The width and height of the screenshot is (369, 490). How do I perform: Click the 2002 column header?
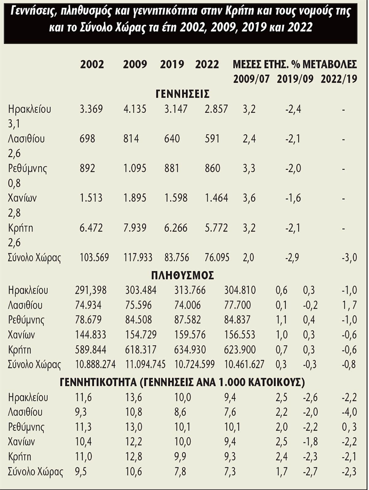(92, 64)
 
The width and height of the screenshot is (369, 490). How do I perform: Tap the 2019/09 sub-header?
(295, 79)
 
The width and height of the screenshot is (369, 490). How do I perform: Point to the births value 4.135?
(135, 109)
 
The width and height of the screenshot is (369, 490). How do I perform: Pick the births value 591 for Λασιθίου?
(212, 139)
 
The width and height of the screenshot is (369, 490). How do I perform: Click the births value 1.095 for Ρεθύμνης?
(135, 168)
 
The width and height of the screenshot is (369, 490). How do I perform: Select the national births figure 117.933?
(138, 257)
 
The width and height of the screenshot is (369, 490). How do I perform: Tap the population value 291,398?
(91, 290)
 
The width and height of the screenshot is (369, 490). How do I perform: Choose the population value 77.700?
(237, 305)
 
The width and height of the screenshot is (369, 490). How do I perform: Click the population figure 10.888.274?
(95, 364)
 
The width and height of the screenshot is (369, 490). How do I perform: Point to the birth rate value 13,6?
(133, 397)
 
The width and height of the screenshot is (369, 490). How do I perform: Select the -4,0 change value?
(349, 412)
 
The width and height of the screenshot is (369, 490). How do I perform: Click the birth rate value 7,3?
(230, 472)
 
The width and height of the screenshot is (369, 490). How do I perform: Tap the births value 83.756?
(177, 257)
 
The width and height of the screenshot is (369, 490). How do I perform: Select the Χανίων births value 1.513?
(91, 198)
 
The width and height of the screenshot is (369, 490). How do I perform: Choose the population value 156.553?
(240, 335)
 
